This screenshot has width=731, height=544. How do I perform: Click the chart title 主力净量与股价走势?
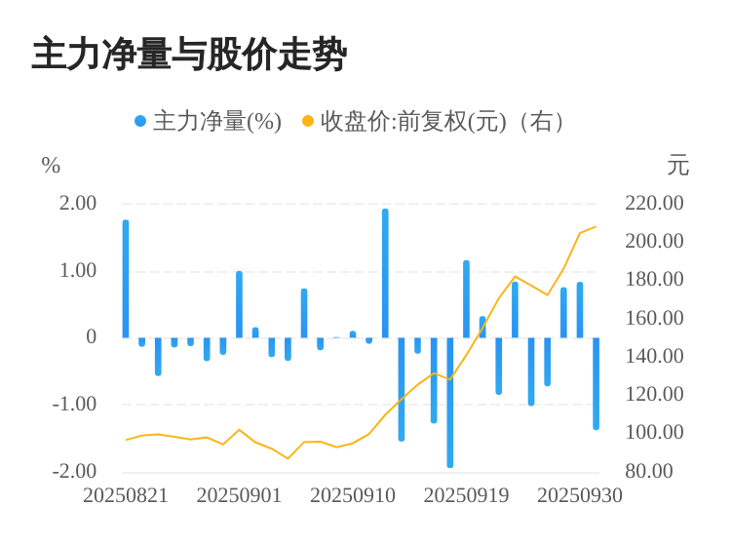tap(189, 55)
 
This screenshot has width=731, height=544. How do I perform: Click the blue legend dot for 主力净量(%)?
tap(140, 122)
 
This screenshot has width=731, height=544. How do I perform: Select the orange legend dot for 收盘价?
tap(308, 122)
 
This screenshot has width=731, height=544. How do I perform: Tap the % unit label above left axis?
tap(51, 166)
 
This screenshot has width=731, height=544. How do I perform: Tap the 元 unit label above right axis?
tap(677, 166)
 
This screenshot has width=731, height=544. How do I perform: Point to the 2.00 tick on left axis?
tap(78, 203)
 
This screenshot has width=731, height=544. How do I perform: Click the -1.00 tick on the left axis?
tap(74, 404)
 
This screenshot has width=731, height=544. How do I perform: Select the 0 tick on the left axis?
tap(92, 336)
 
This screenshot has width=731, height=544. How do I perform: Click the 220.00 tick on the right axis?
tap(654, 203)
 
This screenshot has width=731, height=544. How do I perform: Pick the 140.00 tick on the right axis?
tap(654, 356)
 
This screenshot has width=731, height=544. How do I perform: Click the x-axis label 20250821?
tap(126, 495)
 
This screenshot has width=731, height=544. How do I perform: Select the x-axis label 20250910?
tap(353, 495)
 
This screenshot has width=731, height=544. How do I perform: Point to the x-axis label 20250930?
tap(580, 495)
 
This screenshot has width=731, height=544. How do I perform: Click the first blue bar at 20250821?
tap(126, 279)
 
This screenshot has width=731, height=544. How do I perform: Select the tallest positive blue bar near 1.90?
tap(385, 273)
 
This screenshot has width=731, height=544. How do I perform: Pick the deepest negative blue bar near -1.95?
tap(450, 402)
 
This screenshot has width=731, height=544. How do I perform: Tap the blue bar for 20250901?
tap(239, 304)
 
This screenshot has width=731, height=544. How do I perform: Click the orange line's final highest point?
tap(596, 227)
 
